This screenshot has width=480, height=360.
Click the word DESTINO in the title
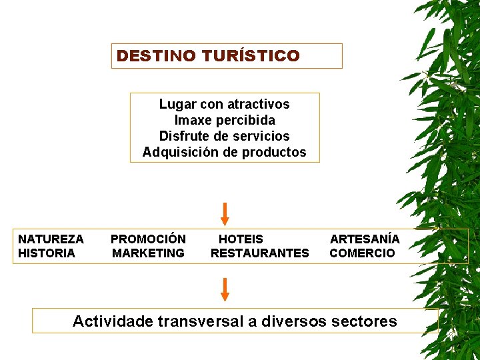point(145,56)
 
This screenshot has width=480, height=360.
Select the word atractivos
point(258,104)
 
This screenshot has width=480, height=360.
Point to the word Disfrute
point(183,136)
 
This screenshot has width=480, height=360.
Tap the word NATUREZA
point(51,239)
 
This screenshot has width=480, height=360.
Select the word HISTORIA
point(47,253)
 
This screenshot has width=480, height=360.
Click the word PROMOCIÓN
point(148,239)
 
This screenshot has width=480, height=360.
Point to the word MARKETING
point(148,253)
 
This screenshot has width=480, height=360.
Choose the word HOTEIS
point(241,239)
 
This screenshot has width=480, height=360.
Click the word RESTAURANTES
point(259,253)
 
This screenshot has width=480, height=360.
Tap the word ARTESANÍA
point(365,239)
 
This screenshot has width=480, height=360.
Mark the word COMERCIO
point(362,253)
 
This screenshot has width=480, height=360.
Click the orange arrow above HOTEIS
point(225,213)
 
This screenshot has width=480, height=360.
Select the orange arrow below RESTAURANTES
point(225,289)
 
